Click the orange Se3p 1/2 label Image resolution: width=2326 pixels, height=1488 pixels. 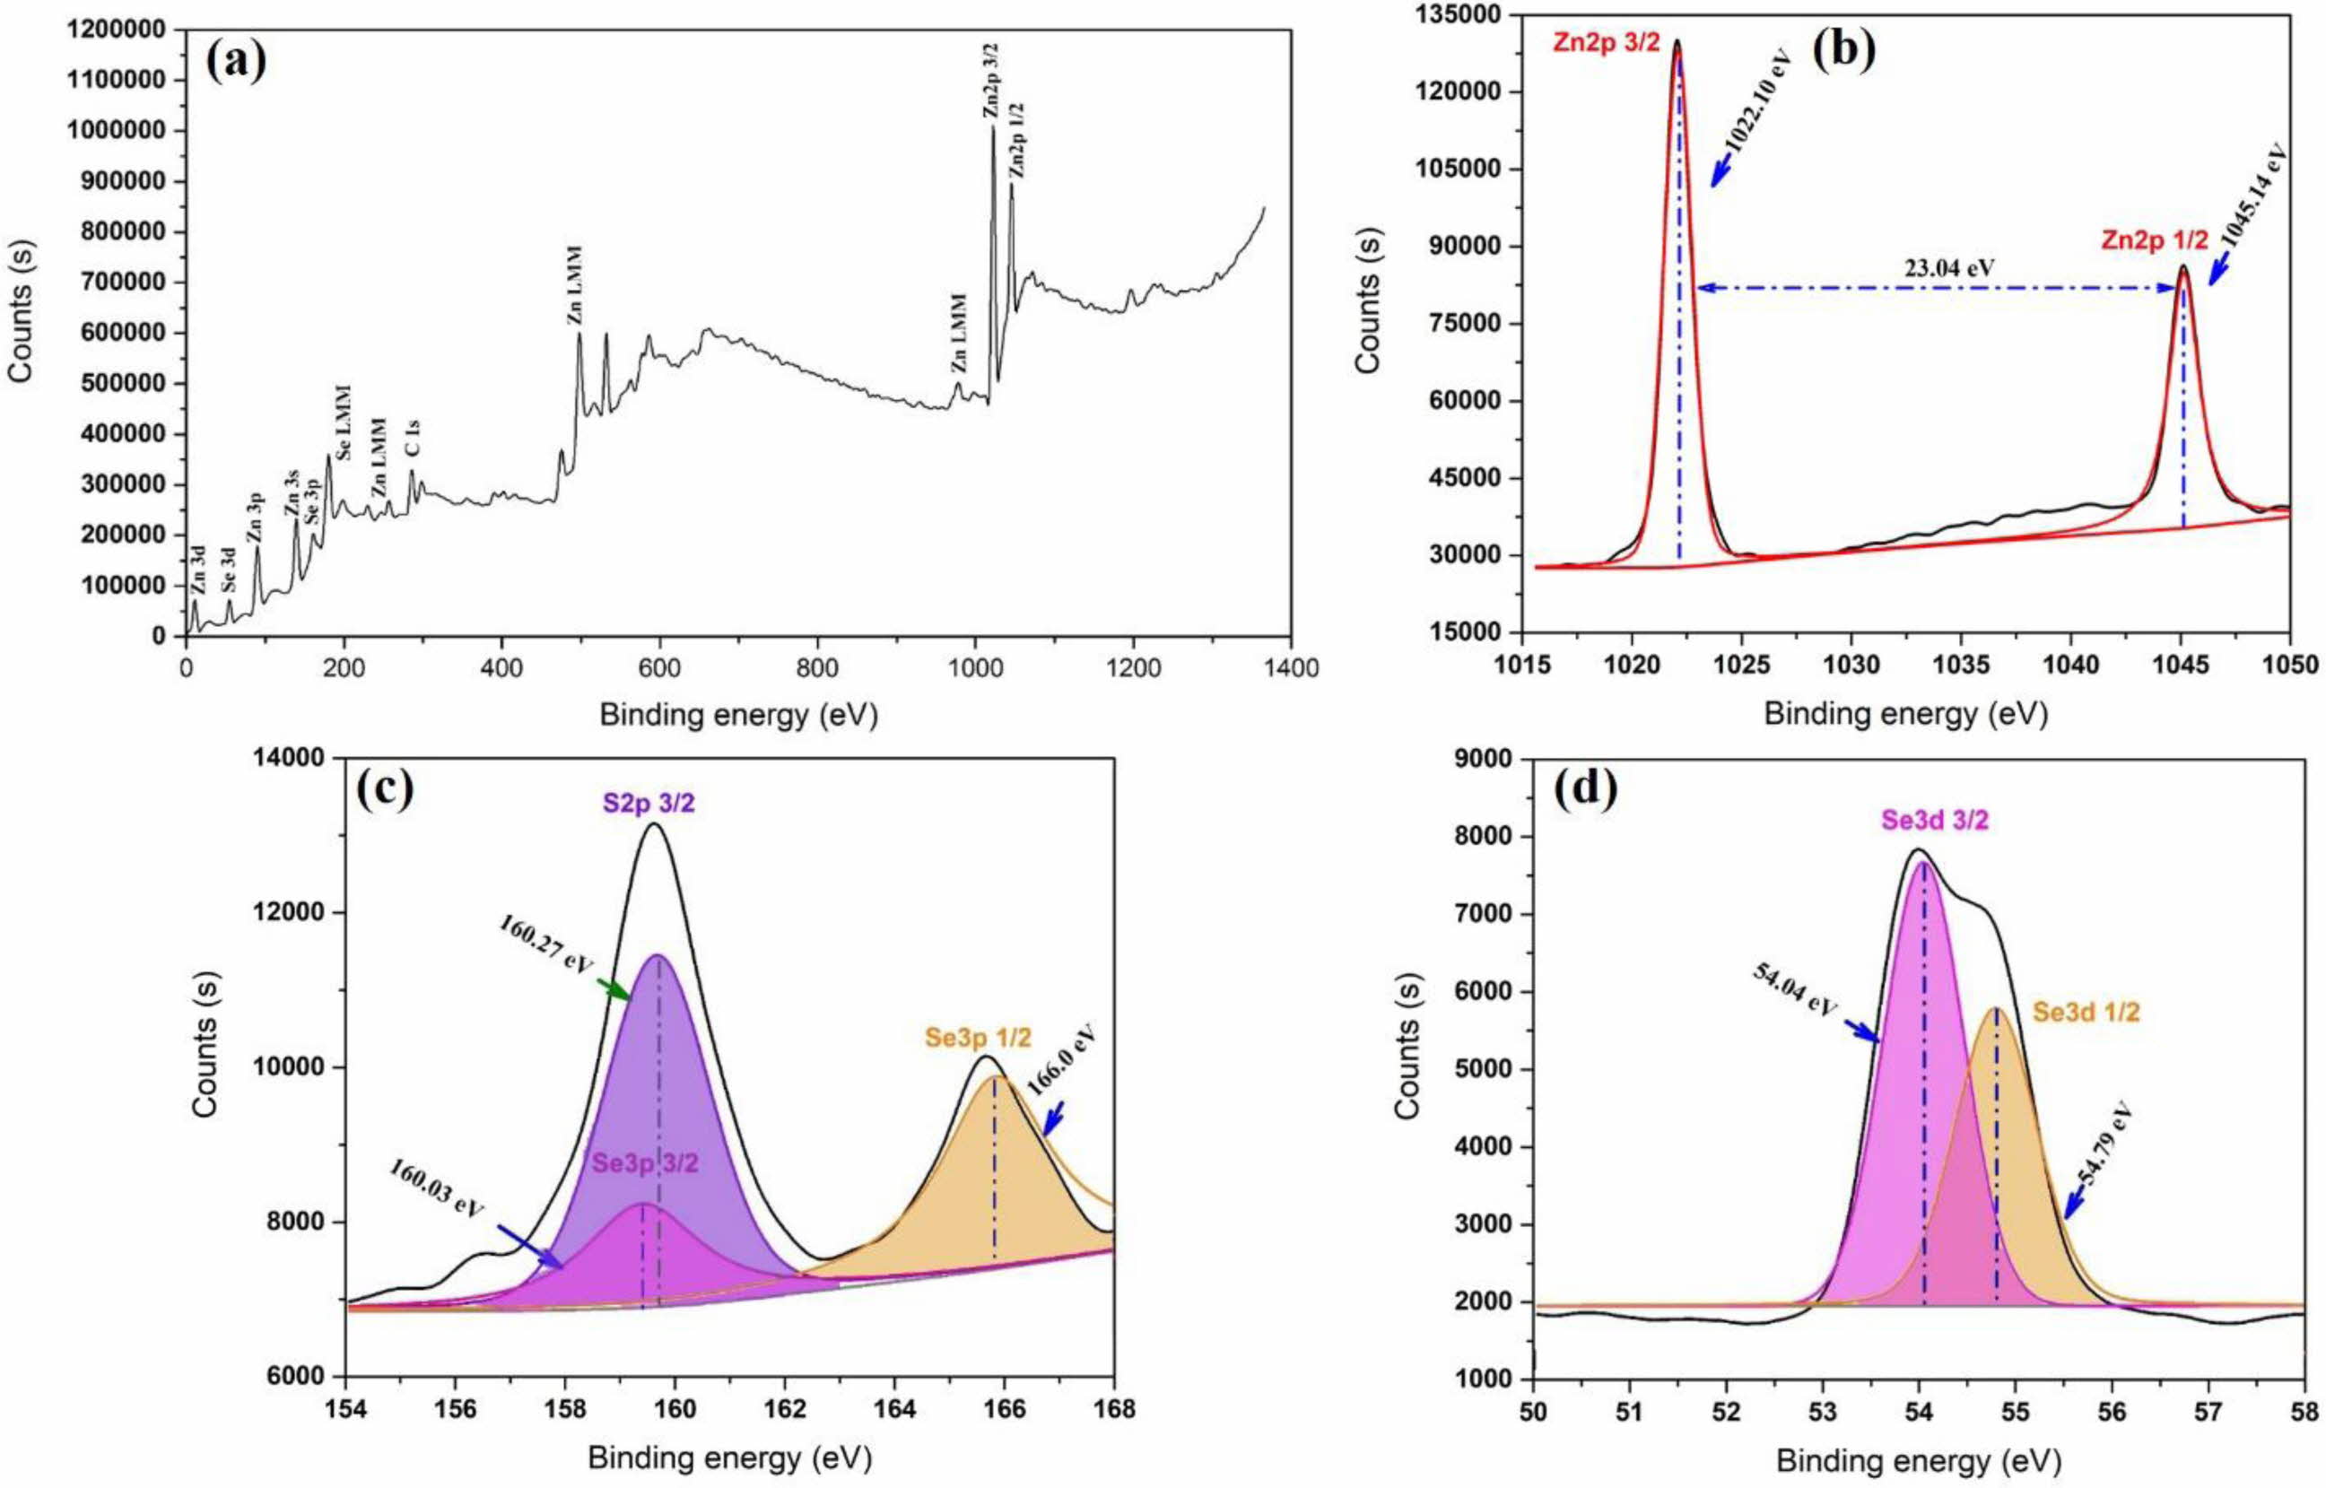[x=977, y=1039]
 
